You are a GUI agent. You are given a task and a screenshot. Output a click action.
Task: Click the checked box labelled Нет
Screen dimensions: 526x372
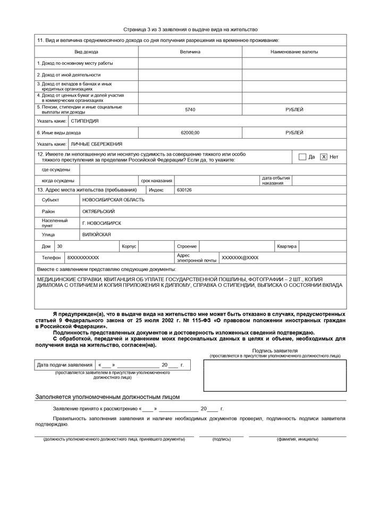[324, 157]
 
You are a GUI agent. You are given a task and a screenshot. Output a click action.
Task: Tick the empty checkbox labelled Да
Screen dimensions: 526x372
[302, 157]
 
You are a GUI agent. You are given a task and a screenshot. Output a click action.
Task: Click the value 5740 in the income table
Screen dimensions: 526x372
[190, 109]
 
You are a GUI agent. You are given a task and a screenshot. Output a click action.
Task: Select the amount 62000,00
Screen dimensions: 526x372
[190, 132]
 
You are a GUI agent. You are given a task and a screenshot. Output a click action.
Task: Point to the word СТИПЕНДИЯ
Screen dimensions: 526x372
[84, 121]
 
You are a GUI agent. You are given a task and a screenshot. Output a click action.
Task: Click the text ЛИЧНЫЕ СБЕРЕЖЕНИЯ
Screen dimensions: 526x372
[97, 144]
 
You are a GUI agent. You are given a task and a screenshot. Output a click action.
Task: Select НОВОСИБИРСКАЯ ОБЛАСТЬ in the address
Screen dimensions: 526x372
[113, 200]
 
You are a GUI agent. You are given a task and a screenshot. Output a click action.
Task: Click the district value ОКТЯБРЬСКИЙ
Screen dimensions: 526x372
[98, 211]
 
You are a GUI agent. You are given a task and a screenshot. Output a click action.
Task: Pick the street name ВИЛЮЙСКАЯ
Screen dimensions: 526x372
[97, 234]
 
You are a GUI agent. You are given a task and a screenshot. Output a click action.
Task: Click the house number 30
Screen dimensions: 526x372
[60, 247]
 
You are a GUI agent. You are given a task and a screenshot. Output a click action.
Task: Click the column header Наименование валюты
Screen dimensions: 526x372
[294, 52]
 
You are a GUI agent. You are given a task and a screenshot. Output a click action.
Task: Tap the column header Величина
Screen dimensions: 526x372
[190, 52]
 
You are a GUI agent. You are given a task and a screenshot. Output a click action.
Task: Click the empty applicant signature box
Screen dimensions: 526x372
[275, 376]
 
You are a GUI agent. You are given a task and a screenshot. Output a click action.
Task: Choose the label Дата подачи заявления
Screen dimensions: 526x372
[64, 365]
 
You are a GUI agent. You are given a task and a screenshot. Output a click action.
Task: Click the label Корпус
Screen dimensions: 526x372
[129, 247]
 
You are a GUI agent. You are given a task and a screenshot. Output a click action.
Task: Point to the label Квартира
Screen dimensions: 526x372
[286, 247]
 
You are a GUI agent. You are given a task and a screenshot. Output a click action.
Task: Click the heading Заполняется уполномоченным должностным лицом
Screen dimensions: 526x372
[107, 396]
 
